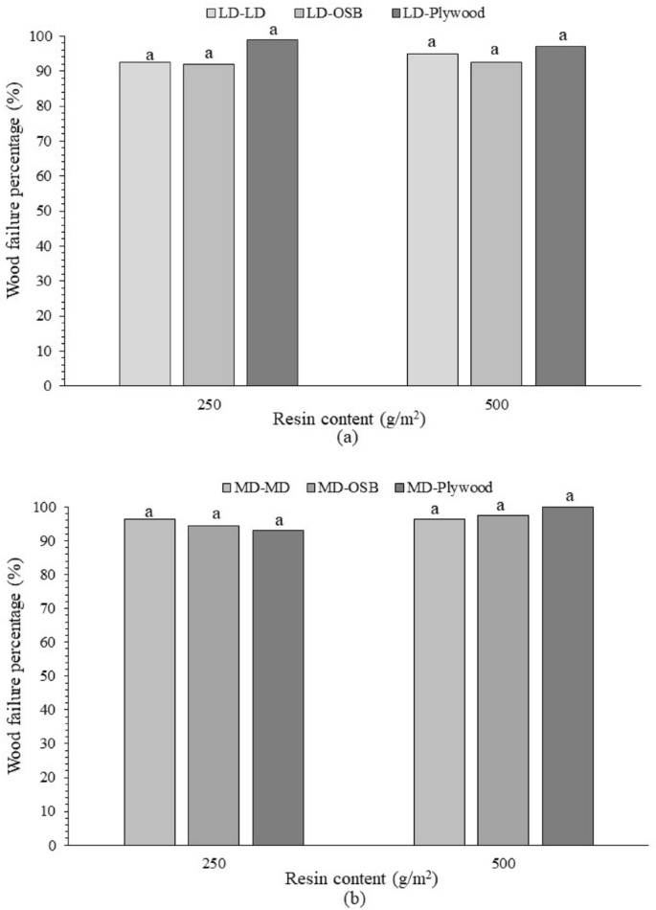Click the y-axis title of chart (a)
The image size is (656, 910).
coord(16,211)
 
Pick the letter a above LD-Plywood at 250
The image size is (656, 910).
coord(272,31)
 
